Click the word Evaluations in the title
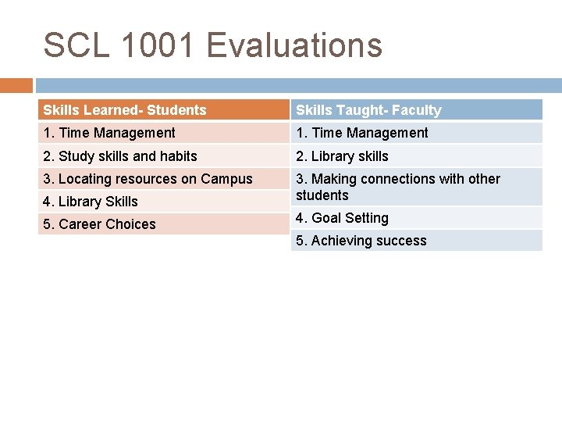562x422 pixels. pos(294,45)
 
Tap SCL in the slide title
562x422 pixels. pos(76,45)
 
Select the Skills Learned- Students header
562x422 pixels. pos(125,110)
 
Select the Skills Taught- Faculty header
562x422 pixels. pos(368,110)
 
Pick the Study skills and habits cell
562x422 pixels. pos(120,156)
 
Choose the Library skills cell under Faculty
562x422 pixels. pos(342,156)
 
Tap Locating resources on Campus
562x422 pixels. pos(148,178)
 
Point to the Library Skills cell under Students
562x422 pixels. pos(91,201)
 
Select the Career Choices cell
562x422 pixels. pos(99,224)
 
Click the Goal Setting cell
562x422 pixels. pos(342,218)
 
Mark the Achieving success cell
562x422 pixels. pos(361,241)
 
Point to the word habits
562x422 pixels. pos(177,156)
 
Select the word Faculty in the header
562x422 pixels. pos(418,110)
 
